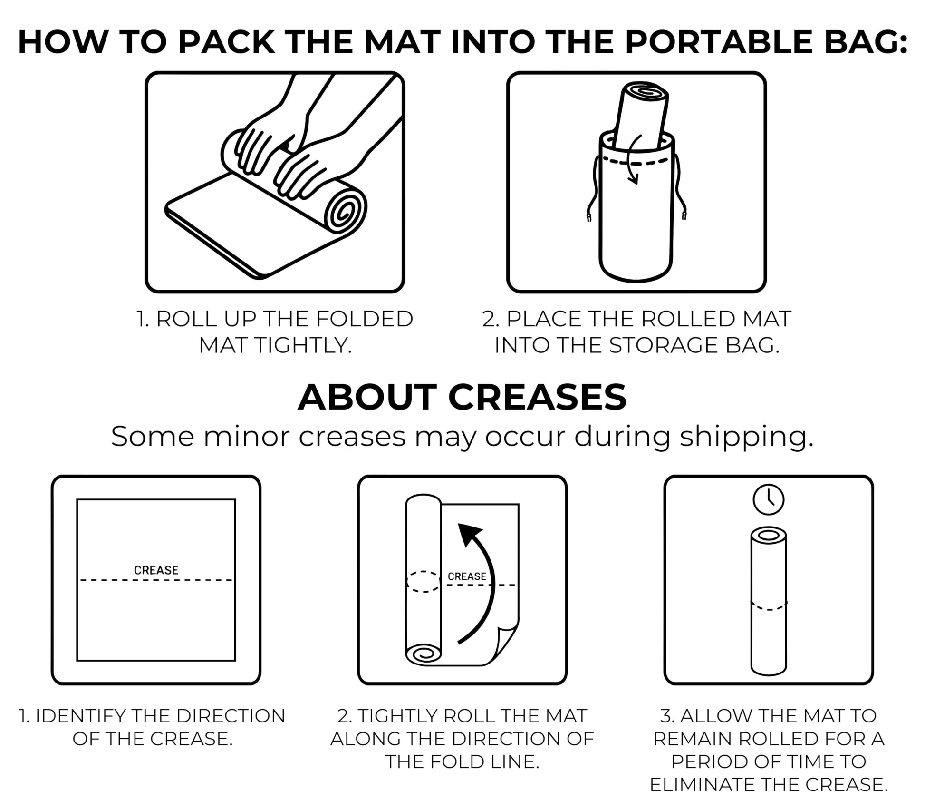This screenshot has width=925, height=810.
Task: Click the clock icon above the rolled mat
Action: pos(769,499)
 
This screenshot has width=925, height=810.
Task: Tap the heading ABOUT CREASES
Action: pos(462,397)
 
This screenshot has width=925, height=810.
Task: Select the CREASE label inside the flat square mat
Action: pos(156,570)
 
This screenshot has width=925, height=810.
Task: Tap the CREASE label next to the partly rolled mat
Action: pos(467,576)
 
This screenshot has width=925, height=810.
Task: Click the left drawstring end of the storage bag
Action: pos(589,216)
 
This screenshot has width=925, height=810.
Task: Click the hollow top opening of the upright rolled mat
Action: pos(769,535)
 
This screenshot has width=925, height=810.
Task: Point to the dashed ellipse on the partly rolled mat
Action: pos(424,581)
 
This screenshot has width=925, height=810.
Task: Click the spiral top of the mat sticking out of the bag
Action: pos(646,91)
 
